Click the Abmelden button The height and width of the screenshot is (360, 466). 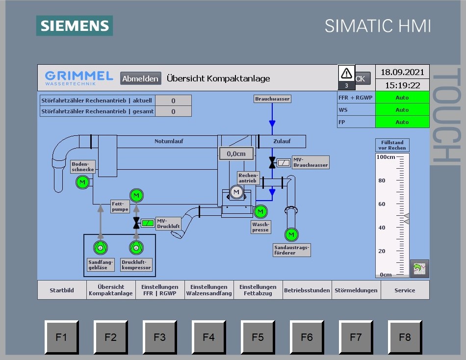point(141,78)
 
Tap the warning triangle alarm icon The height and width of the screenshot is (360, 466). point(347,74)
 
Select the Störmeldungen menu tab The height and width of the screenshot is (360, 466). point(356,290)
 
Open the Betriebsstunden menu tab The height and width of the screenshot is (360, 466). point(307,290)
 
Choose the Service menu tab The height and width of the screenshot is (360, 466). point(405,290)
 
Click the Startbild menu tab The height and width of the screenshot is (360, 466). point(62,290)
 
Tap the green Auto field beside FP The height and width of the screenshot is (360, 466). point(402,122)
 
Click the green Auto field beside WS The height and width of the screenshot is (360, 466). point(402,110)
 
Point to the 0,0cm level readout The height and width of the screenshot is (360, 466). point(236,154)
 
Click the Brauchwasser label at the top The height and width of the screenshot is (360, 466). point(272,99)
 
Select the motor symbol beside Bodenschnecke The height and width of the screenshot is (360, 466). point(82,182)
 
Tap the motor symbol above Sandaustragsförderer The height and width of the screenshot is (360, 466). point(292,235)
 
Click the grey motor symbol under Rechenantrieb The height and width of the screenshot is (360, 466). point(236,192)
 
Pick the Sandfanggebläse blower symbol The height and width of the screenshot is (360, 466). point(101,248)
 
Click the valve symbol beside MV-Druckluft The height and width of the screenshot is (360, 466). point(136,224)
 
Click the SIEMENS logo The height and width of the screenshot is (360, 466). point(75,26)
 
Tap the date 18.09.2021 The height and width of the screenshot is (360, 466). point(402,72)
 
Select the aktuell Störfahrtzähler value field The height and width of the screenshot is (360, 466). point(173,101)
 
